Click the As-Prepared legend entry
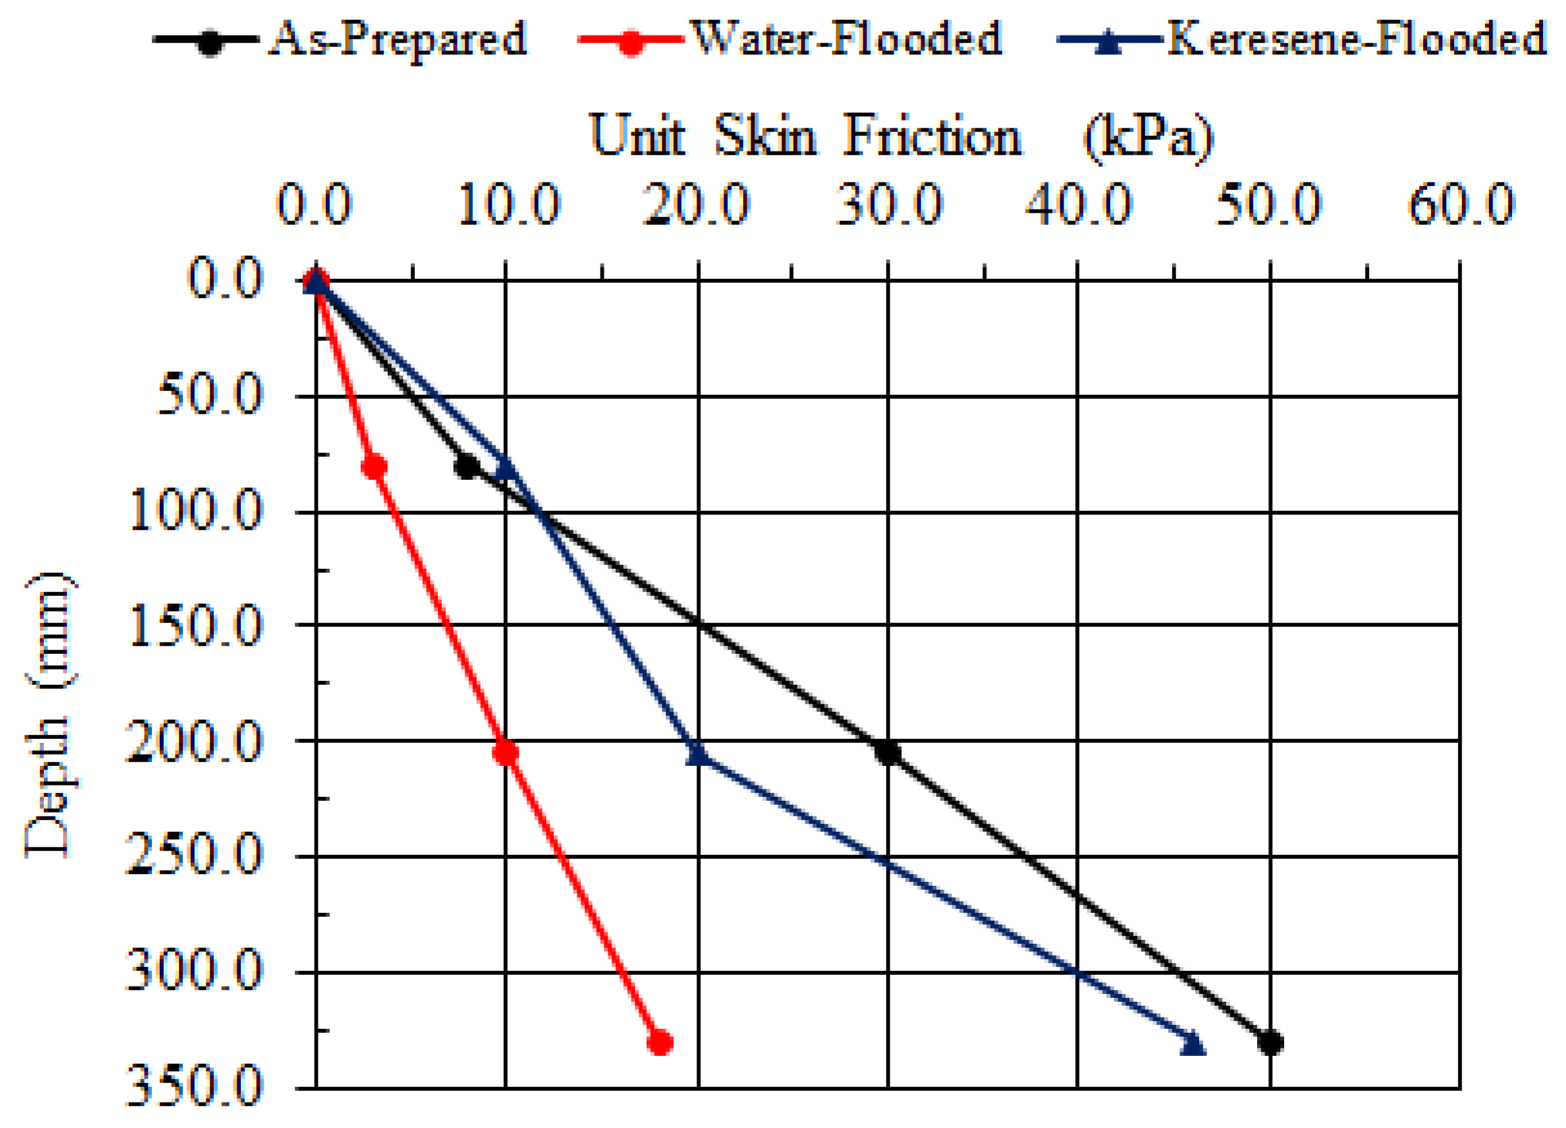(x=340, y=39)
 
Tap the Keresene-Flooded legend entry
(x=1302, y=39)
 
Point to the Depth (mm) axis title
(x=49, y=715)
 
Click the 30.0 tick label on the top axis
(x=889, y=206)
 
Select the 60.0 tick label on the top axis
(x=1460, y=206)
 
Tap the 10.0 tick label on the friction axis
(x=508, y=206)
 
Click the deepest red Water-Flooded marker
(x=659, y=1042)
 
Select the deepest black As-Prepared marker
(x=1270, y=1042)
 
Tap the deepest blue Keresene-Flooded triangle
(x=1193, y=1043)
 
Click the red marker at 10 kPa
(x=506, y=751)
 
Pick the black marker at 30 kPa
(x=888, y=751)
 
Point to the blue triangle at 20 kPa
(x=698, y=752)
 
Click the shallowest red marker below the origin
(x=374, y=466)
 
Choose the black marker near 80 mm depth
(x=467, y=466)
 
